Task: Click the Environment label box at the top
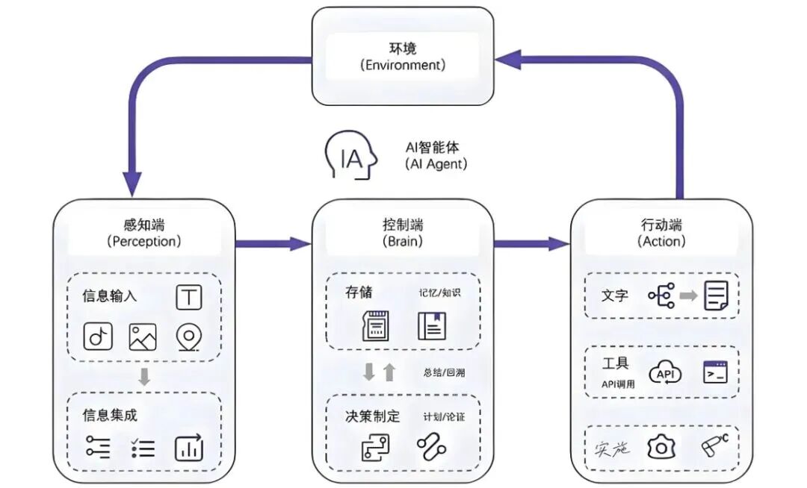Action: point(403,56)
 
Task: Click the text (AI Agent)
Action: point(436,163)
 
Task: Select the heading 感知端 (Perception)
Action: point(144,233)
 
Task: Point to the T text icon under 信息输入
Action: point(189,296)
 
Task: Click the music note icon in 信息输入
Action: point(97,337)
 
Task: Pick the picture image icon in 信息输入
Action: point(143,337)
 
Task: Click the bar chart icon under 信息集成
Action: point(189,448)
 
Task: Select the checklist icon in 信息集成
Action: point(142,448)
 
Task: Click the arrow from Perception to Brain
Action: point(273,243)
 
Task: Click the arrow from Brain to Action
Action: point(531,243)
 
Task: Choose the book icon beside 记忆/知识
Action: point(431,327)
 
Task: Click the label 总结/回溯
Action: point(443,372)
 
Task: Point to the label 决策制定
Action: point(371,416)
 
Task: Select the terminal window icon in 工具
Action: point(715,372)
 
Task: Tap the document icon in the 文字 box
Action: point(717,295)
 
